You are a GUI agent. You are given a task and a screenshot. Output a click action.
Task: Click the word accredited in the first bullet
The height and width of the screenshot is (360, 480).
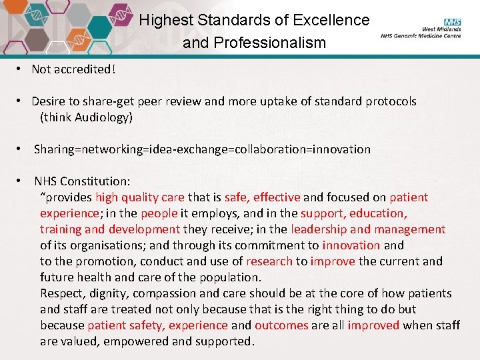tap(83, 69)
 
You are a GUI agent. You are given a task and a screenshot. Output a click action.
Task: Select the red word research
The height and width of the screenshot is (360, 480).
tap(269, 261)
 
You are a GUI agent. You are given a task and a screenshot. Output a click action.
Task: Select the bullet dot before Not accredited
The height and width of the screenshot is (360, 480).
tap(22, 69)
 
